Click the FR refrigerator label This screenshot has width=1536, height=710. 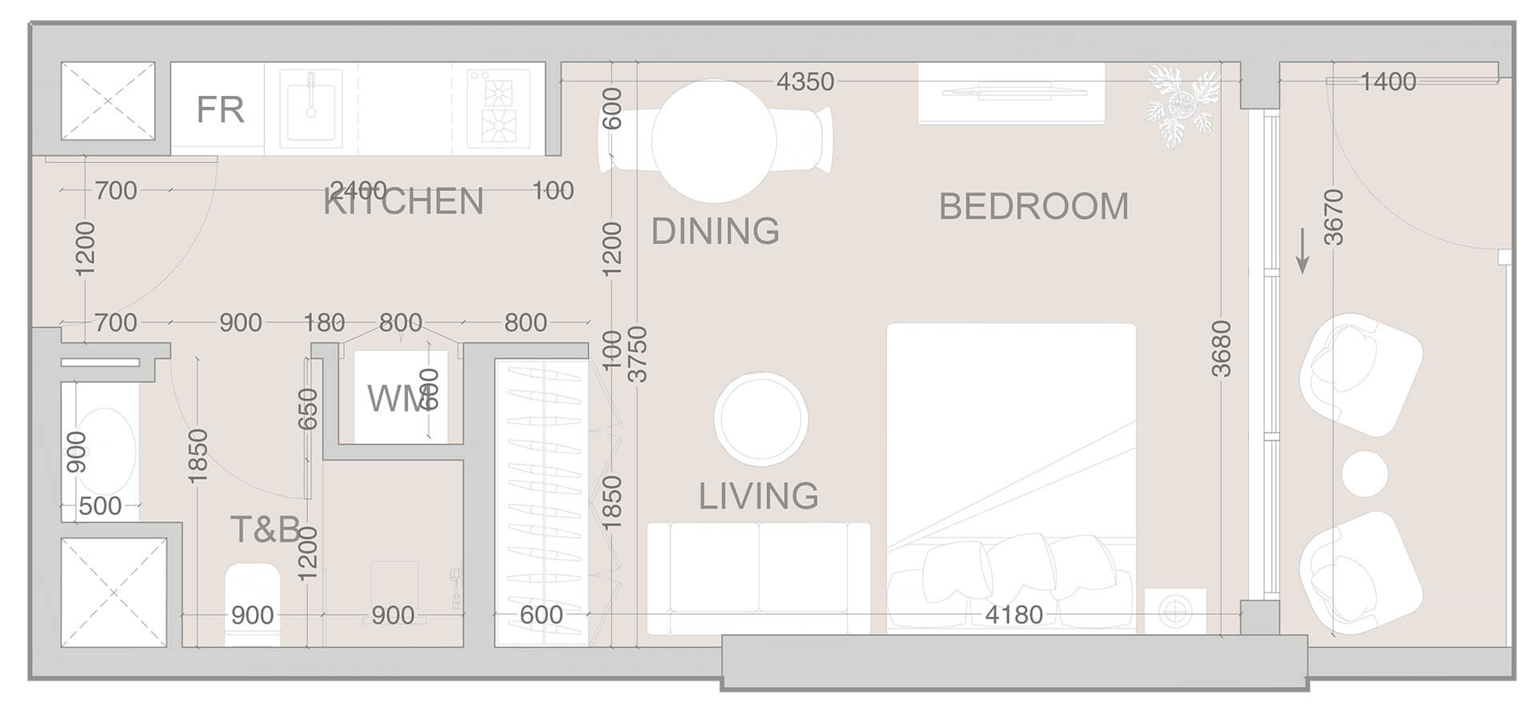[220, 110]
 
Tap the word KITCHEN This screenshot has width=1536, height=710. [404, 201]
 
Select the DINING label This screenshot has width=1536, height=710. [714, 231]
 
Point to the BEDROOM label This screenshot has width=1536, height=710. [1034, 206]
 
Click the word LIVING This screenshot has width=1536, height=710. [758, 496]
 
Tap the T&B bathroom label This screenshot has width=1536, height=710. [265, 529]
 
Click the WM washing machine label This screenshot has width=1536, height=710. [398, 398]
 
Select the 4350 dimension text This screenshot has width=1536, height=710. [806, 82]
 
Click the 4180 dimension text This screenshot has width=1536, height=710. [1014, 615]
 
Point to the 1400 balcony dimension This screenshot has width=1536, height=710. [1388, 82]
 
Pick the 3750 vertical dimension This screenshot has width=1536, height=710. [637, 354]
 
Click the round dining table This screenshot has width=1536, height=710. [714, 141]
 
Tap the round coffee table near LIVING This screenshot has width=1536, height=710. [761, 418]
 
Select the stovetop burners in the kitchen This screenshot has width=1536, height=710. [498, 109]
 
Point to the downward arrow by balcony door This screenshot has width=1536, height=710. [1302, 251]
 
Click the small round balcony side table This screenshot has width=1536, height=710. [1365, 473]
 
